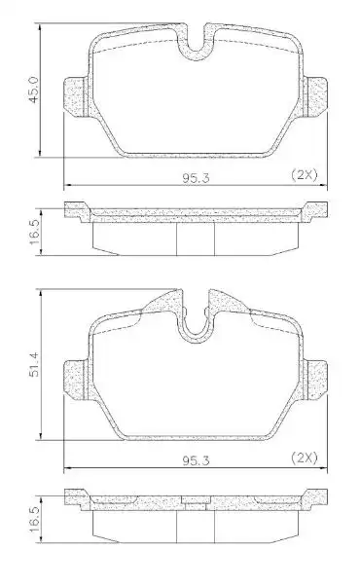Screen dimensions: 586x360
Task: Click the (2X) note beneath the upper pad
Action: tap(305, 174)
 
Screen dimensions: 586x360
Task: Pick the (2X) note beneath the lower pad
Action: tap(305, 456)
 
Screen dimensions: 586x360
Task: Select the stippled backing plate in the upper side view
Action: tap(195, 209)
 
